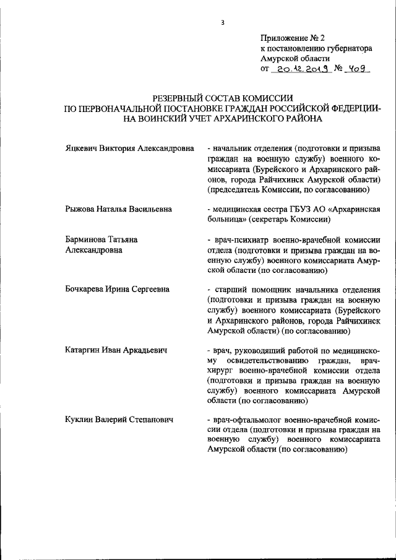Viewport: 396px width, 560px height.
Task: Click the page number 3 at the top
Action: pyautogui.click(x=222, y=23)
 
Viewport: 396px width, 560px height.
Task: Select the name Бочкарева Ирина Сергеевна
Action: pyautogui.click(x=117, y=290)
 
